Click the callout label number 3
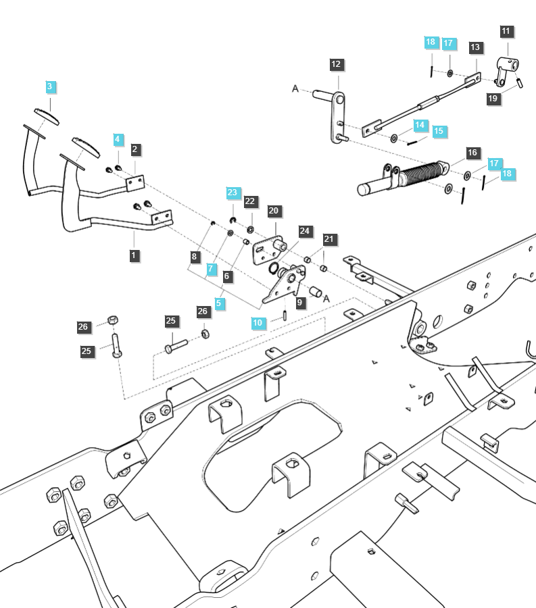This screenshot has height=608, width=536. (49, 87)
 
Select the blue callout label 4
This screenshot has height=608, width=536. (118, 140)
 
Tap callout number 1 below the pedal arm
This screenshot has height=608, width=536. (134, 255)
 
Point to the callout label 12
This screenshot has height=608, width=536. (336, 65)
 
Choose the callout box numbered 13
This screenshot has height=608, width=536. (475, 47)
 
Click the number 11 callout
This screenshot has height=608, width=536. (506, 31)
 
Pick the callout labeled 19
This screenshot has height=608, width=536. (493, 99)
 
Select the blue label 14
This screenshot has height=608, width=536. (420, 125)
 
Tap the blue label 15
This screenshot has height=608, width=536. (439, 130)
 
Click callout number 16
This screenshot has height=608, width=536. (472, 153)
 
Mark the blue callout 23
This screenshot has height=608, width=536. (233, 193)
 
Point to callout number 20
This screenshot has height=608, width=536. (273, 211)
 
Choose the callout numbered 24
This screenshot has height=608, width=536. (305, 231)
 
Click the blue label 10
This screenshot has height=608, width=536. (258, 323)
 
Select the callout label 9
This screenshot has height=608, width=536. (299, 303)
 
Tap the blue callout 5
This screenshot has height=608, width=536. (219, 304)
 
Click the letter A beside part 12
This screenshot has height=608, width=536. (295, 88)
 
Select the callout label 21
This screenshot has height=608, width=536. (328, 239)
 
